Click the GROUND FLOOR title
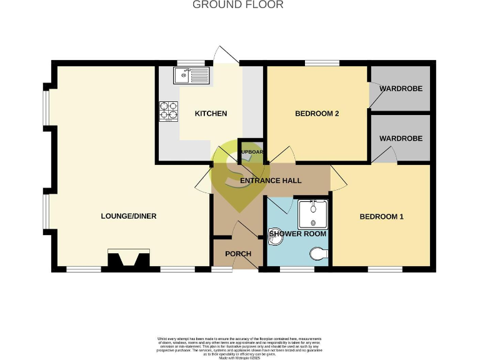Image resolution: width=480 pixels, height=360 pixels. pos(237,5)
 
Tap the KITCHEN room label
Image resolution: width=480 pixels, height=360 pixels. pos(211,114)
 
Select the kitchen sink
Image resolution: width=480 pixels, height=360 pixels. pos(192,76)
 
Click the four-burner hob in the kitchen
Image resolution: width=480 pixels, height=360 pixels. pos(169,111)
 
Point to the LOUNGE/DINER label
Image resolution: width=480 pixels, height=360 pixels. pos(128,216)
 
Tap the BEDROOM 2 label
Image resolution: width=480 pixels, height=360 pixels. pos(317,114)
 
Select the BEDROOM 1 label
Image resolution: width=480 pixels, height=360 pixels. pos(381,217)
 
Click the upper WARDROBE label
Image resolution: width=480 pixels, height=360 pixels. pos(401,89)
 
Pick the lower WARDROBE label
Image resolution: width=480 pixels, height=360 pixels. pos(401,138)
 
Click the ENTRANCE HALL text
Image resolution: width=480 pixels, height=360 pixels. pos(271,181)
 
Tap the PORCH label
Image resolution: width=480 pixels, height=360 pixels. pos(237,254)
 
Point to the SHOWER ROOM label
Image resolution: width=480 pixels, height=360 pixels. pos(297,234)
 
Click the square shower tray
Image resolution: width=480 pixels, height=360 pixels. pos(313,214)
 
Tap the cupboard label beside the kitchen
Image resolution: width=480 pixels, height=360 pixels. pos(252,152)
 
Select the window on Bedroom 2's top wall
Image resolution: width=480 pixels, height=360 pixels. pos(322,62)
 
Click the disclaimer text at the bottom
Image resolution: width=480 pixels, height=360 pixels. pos(239,345)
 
